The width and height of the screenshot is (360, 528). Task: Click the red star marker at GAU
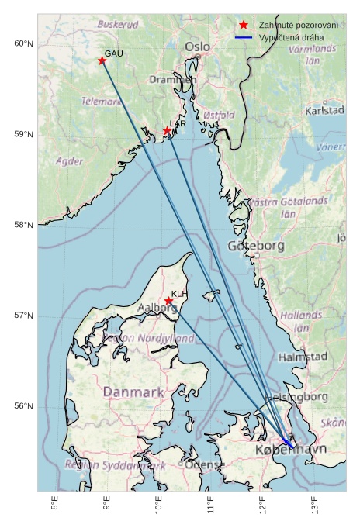click(x=102, y=60)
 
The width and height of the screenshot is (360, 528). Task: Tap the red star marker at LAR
click(x=167, y=130)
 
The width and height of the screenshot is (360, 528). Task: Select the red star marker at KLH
click(x=168, y=301)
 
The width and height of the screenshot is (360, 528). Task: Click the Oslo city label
click(x=197, y=47)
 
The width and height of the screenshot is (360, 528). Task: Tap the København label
click(x=291, y=450)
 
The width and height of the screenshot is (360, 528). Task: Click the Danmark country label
click(x=133, y=392)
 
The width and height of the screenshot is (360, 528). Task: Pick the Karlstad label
click(x=325, y=111)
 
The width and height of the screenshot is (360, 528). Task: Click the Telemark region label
click(x=102, y=102)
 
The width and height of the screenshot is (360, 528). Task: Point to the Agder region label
click(x=70, y=162)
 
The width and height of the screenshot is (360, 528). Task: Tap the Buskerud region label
click(x=118, y=25)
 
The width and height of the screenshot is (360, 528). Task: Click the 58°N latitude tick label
click(x=24, y=225)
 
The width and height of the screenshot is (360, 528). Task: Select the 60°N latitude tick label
click(x=24, y=43)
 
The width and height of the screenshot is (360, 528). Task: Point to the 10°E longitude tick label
click(x=159, y=507)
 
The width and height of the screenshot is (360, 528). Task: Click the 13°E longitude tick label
click(x=316, y=507)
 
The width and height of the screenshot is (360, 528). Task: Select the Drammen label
click(x=173, y=79)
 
